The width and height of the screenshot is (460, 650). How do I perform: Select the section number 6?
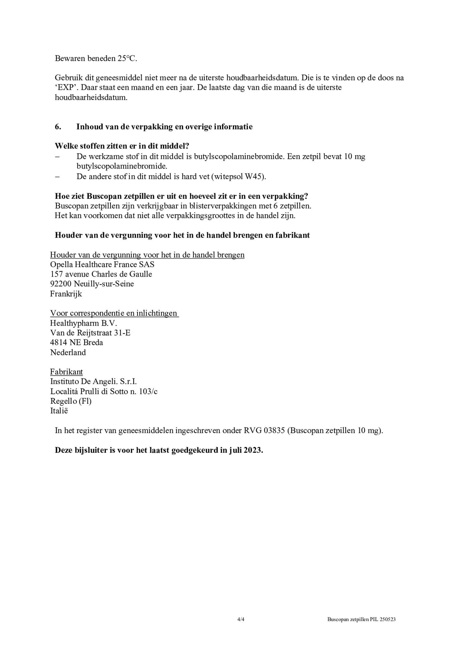[58, 127]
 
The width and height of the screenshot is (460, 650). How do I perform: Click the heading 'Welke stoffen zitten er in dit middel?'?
[122, 146]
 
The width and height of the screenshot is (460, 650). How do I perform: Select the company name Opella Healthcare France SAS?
[102, 264]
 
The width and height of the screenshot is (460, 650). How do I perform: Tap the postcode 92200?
[61, 284]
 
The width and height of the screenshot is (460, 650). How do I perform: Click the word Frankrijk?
[66, 294]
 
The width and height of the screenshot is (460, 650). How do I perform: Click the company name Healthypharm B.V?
[84, 323]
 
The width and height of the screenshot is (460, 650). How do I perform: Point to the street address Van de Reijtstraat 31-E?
[90, 333]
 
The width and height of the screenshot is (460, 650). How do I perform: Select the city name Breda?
[93, 343]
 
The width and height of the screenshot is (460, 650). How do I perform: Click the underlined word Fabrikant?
[67, 372]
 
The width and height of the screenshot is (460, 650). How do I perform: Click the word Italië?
[59, 411]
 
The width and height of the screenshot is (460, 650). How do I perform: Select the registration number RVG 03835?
[264, 431]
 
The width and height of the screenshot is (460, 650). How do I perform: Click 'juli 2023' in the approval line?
[245, 450]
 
